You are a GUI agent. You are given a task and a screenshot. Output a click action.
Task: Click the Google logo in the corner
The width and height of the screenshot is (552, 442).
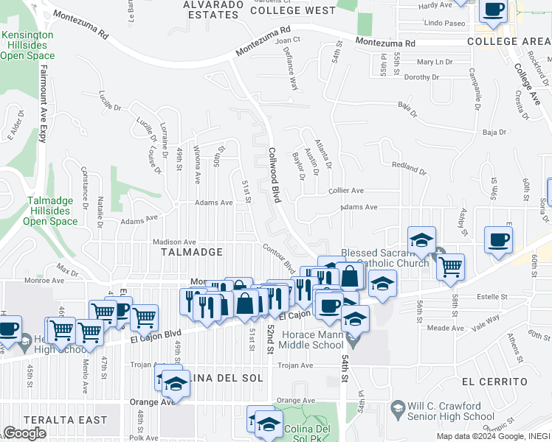click(25, 433)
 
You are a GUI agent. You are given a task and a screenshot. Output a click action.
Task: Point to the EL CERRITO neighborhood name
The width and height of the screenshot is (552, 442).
click(494, 382)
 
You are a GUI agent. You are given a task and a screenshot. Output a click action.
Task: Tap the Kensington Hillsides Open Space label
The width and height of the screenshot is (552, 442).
click(27, 45)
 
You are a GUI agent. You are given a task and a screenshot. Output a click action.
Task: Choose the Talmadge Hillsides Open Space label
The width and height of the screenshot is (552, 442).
click(50, 211)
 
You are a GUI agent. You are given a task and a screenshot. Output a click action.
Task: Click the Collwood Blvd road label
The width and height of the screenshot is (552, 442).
click(274, 173)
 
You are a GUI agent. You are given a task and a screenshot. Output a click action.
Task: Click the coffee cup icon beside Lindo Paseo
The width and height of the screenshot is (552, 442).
click(493, 10)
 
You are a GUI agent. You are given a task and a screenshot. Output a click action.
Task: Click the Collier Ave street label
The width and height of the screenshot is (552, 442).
click(346, 190)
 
